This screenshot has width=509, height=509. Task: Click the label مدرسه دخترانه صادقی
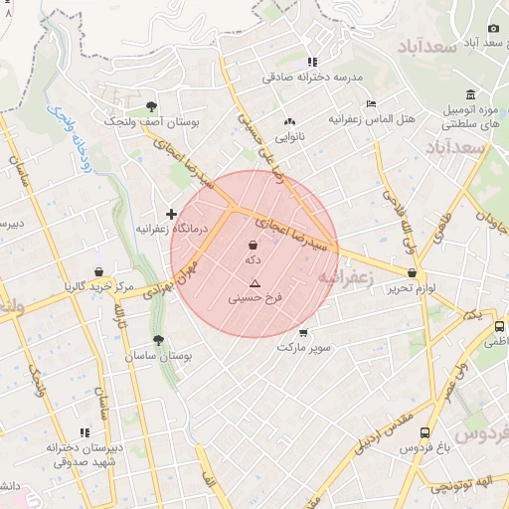click(313, 77)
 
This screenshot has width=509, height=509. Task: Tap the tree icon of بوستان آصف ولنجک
click(151, 105)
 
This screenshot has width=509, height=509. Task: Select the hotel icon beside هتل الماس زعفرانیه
click(371, 103)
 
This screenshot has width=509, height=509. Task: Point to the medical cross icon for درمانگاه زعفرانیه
click(172, 214)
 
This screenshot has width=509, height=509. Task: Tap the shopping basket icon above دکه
click(253, 245)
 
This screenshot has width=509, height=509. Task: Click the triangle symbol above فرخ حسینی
click(254, 283)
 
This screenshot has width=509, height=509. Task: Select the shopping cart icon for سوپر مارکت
click(303, 333)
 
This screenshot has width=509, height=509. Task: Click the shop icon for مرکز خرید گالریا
click(98, 271)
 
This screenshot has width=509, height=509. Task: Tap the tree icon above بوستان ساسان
click(158, 340)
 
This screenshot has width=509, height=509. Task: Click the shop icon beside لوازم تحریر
click(411, 272)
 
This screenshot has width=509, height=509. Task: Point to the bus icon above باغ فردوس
click(425, 433)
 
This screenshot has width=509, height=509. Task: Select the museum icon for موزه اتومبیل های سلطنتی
click(470, 93)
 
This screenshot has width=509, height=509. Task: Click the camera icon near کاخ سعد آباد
click(493, 29)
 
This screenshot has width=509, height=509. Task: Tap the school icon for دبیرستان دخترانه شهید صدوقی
click(85, 431)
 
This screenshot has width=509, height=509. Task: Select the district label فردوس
click(481, 433)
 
